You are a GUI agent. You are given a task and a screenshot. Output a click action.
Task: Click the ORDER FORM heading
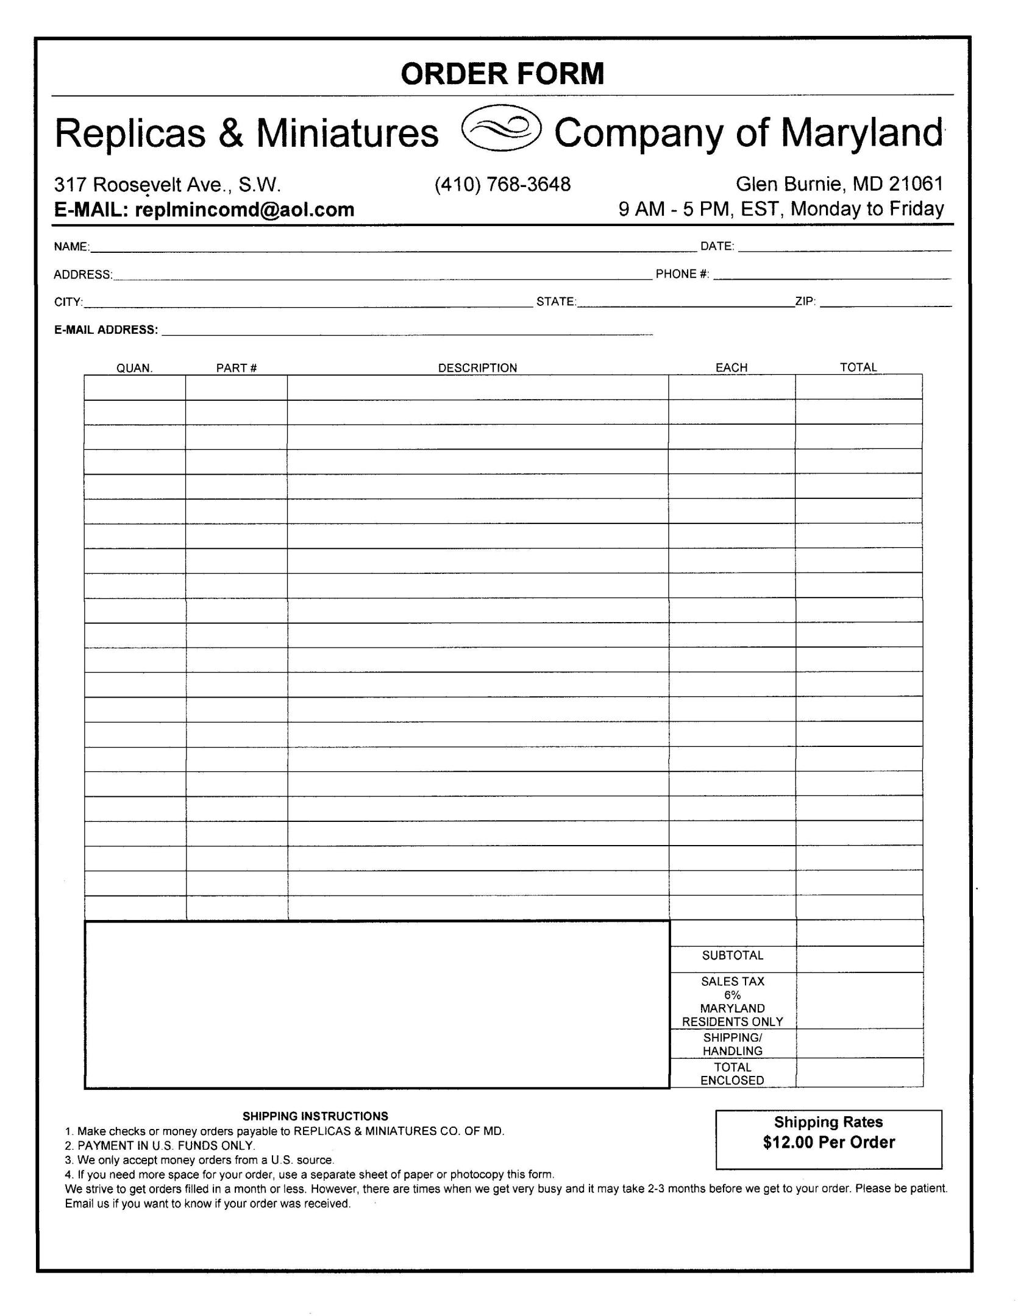click(x=502, y=74)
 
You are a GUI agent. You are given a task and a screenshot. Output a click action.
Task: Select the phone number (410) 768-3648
click(x=502, y=184)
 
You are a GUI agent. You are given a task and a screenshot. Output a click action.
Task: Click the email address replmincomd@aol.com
click(x=244, y=210)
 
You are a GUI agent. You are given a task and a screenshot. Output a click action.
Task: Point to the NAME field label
click(x=71, y=247)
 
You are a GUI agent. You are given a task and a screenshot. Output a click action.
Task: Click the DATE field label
click(x=717, y=246)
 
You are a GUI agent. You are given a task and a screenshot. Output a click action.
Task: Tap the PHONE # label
click(x=682, y=274)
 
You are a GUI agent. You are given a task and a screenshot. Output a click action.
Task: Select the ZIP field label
click(x=805, y=301)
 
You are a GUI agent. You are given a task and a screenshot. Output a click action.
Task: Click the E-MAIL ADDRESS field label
click(x=106, y=330)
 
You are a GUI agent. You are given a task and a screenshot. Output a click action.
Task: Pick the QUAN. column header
click(x=134, y=368)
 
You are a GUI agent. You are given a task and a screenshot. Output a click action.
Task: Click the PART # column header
click(x=237, y=368)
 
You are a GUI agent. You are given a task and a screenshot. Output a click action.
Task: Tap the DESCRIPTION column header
click(x=477, y=368)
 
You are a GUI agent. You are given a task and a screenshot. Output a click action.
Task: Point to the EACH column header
click(x=731, y=368)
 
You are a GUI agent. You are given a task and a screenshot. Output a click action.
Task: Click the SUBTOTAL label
click(x=732, y=955)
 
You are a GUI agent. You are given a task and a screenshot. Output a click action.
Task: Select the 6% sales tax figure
click(x=732, y=995)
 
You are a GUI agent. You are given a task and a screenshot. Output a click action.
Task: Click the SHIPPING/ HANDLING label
click(x=732, y=1044)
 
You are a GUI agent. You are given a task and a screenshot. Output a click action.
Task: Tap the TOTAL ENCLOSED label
click(x=732, y=1074)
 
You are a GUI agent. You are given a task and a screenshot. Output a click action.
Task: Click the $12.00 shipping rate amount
click(x=788, y=1142)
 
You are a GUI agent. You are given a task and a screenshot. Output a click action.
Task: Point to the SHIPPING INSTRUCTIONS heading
click(x=315, y=1116)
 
